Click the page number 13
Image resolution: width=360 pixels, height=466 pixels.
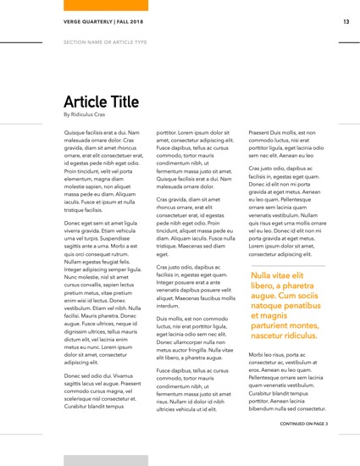pos(346,21)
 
